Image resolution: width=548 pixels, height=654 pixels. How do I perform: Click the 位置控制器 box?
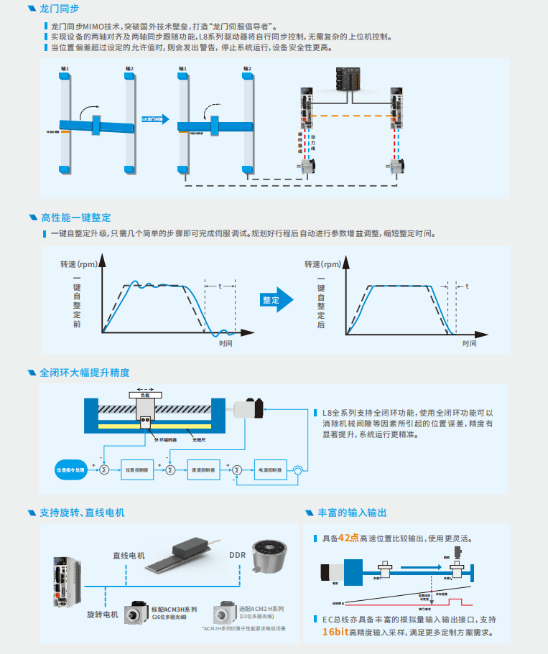[x=136, y=470]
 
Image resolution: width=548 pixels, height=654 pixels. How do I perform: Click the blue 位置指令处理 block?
[x=70, y=470]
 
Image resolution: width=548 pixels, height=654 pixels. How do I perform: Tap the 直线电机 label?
[x=129, y=555]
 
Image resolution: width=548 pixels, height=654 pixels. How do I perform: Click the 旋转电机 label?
[x=102, y=615]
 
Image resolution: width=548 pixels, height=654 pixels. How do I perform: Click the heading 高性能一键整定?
[x=75, y=218]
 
